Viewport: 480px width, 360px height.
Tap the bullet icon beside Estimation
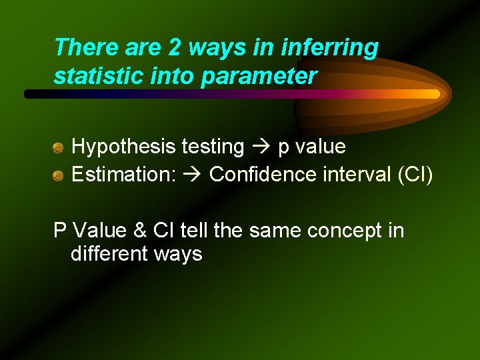coord(59,175)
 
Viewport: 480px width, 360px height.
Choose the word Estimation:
coord(123,175)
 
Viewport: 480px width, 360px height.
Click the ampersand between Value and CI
coord(139,231)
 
